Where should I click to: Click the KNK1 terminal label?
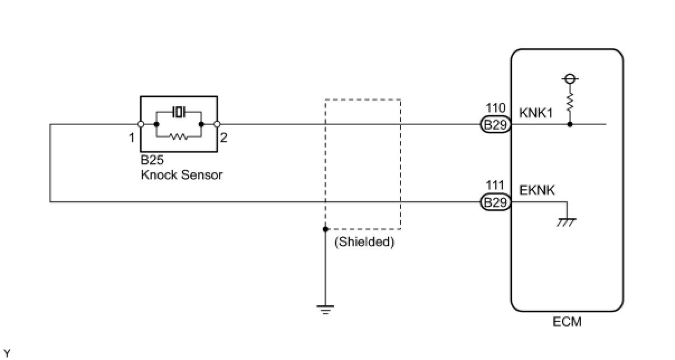[x=536, y=113]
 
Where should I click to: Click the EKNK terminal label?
[x=536, y=190]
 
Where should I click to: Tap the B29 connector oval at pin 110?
[x=495, y=125]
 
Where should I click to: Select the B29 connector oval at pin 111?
[x=495, y=202]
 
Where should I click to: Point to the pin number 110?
[x=496, y=108]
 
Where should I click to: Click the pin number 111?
[x=495, y=185]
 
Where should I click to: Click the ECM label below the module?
[x=567, y=322]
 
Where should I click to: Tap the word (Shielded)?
[x=364, y=242]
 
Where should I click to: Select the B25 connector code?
[x=152, y=160]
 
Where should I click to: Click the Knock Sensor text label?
[x=182, y=175]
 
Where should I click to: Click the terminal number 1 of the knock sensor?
[x=131, y=138]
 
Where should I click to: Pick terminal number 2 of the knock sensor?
[x=224, y=138]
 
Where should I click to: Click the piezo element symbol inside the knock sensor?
[x=179, y=112]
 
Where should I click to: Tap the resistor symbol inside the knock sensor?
[x=179, y=136]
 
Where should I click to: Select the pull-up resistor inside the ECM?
[x=570, y=102]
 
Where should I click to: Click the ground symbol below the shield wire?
[x=325, y=310]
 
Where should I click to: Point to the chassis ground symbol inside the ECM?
[x=567, y=222]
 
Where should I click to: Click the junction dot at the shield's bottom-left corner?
[x=325, y=229]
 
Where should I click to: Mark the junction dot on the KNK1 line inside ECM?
[x=570, y=124]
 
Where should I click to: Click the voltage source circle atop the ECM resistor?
[x=570, y=79]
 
